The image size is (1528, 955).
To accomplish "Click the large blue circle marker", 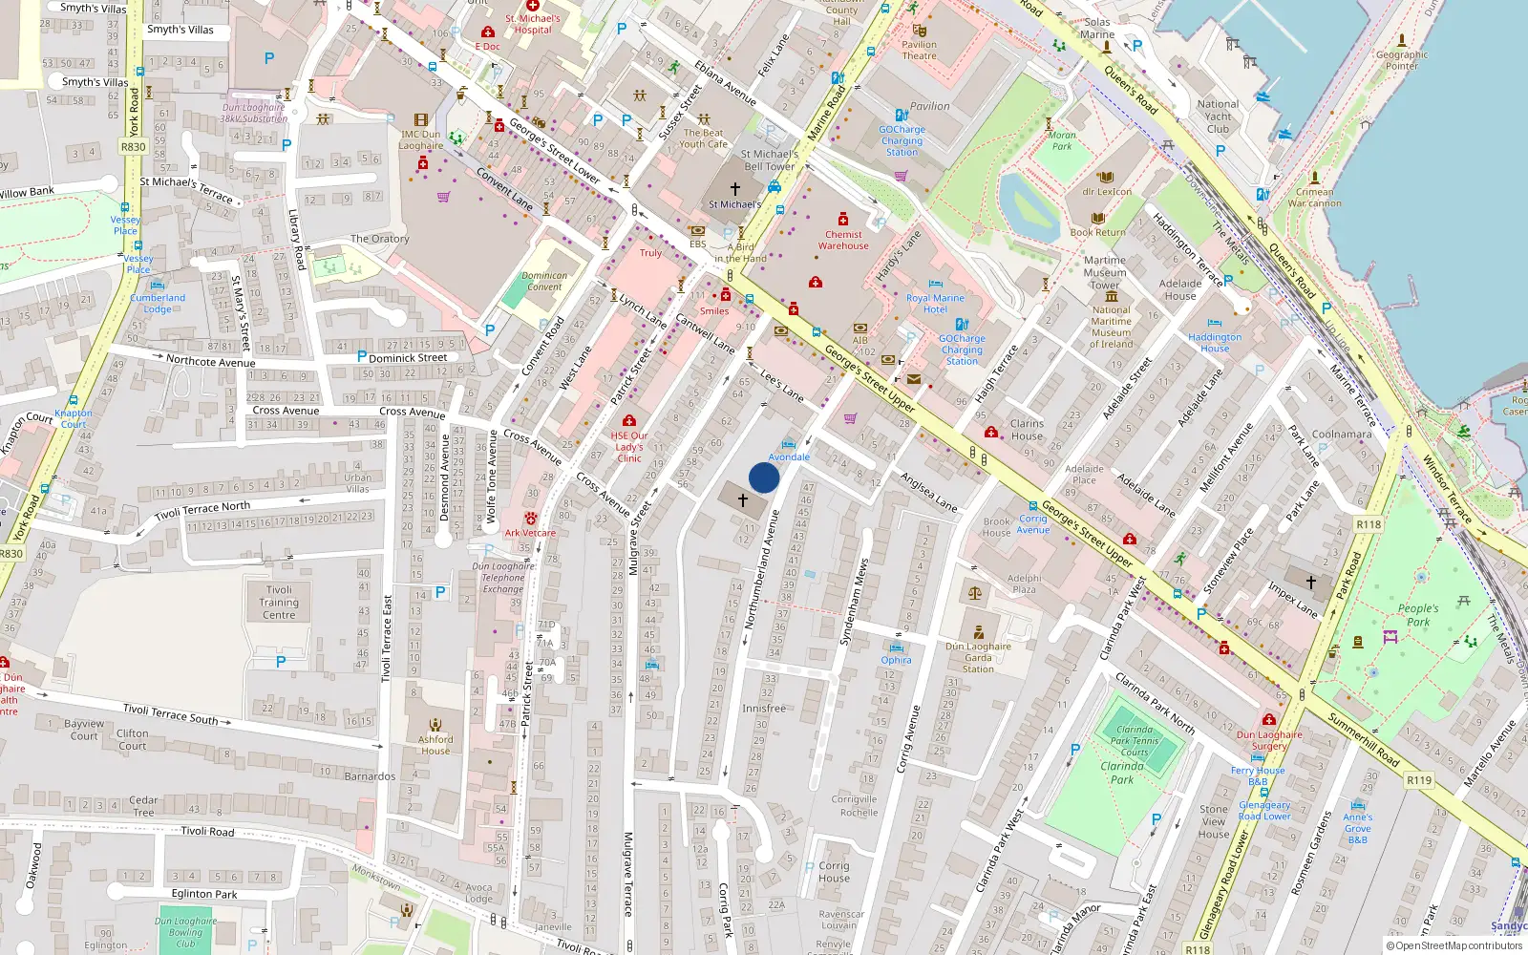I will pyautogui.click(x=764, y=477).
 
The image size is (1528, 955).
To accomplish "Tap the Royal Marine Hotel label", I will pyautogui.click(x=935, y=304).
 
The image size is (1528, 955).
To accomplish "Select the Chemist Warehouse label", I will pyautogui.click(x=843, y=240).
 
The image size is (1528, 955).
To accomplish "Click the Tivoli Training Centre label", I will pyautogui.click(x=279, y=603).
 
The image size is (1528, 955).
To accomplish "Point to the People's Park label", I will pyautogui.click(x=1418, y=615).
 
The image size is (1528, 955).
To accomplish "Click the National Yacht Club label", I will pyautogui.click(x=1218, y=117).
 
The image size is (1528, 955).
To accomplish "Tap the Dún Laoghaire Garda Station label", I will pyautogui.click(x=978, y=657).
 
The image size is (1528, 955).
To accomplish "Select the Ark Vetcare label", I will pyautogui.click(x=530, y=533).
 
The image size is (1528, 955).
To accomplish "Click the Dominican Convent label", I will pyautogui.click(x=544, y=281).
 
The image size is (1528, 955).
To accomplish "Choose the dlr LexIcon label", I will pyautogui.click(x=1107, y=191).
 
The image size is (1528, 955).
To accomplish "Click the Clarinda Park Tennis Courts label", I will pyautogui.click(x=1135, y=740).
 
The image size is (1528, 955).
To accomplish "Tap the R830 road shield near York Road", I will pyautogui.click(x=133, y=146).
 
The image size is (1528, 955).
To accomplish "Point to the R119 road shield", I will pyautogui.click(x=1419, y=780).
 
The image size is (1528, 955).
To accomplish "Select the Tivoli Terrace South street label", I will pyautogui.click(x=170, y=713).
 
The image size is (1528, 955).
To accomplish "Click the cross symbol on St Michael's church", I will pyautogui.click(x=734, y=189).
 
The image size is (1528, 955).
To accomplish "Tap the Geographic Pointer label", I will pyautogui.click(x=1402, y=60).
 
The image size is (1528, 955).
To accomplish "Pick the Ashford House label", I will pyautogui.click(x=435, y=745).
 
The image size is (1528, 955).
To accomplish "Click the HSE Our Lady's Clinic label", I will pyautogui.click(x=629, y=446).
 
